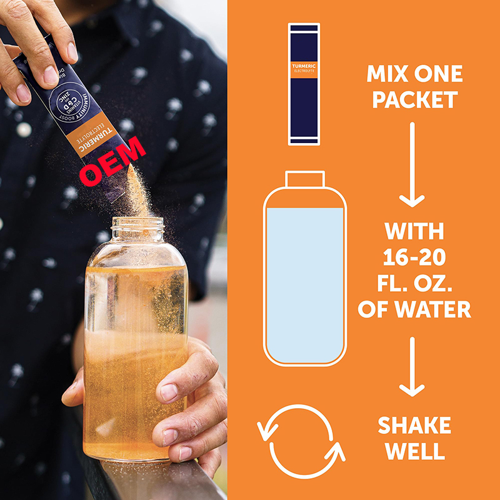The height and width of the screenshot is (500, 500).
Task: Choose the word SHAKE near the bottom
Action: point(414,426)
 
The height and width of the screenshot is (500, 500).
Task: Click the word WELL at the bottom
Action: point(414,451)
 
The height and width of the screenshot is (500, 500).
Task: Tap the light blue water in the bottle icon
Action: point(304,281)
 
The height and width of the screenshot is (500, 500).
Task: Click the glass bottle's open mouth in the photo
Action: point(137,223)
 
